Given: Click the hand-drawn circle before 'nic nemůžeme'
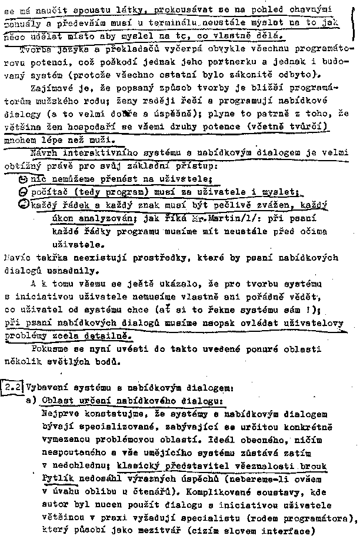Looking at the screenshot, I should (x=22, y=179).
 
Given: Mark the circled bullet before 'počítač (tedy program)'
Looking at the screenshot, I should (x=22, y=192).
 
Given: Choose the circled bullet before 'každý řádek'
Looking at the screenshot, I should (x=22, y=205).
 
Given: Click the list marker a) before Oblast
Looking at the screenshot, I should (x=32, y=400).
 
